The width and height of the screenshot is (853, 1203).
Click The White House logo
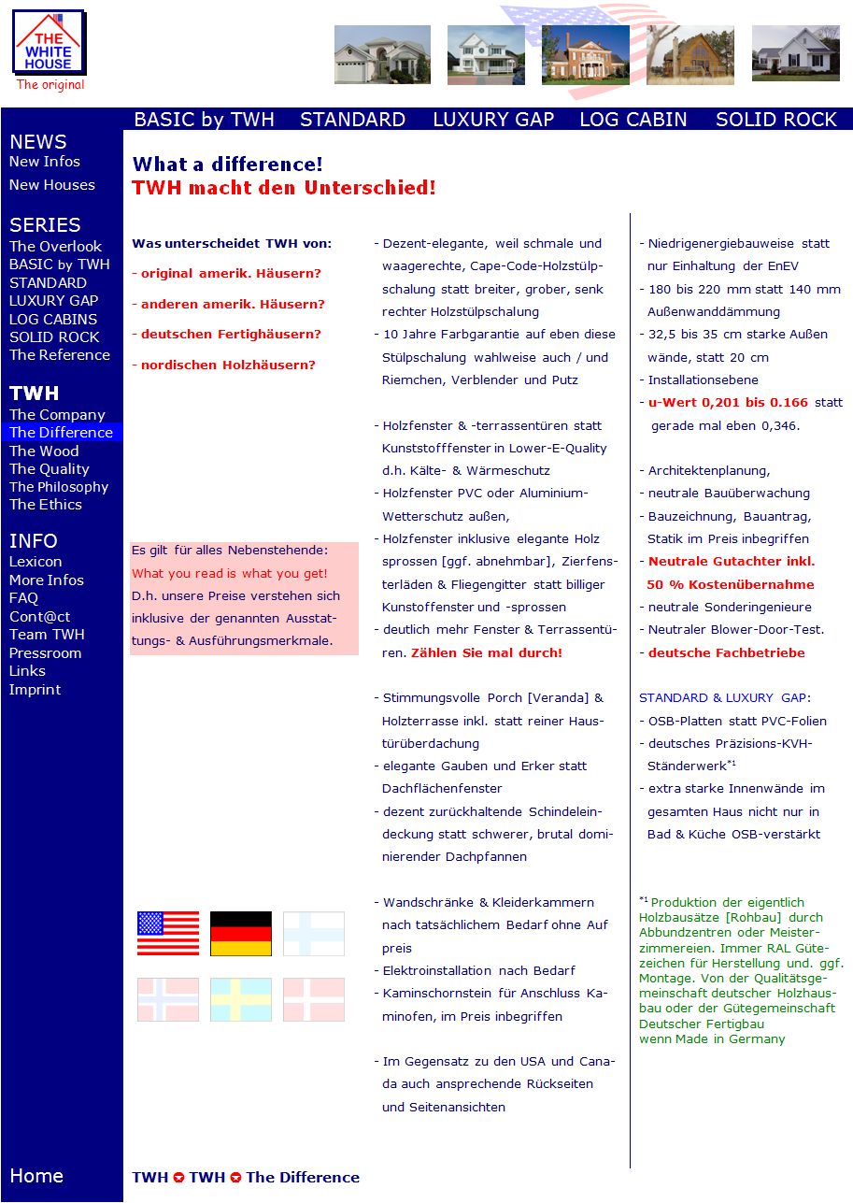coord(48,44)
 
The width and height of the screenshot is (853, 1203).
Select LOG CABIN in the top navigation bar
coord(633,120)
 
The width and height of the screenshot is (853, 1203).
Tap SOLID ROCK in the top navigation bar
coord(775,120)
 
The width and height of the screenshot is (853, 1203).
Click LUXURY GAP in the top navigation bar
coord(493,120)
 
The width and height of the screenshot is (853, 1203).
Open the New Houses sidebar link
coord(52,185)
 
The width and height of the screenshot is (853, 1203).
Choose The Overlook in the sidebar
coord(55,247)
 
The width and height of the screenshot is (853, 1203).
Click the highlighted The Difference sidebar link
coord(61,433)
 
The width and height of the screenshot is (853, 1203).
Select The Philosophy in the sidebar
coord(59,487)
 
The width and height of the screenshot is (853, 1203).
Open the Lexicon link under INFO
coord(36,562)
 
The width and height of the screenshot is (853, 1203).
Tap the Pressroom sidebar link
coord(46,653)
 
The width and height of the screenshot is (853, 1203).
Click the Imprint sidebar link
coord(35,690)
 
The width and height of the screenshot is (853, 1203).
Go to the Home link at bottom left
coord(36,1176)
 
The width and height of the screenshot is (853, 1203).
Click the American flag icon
coord(168,934)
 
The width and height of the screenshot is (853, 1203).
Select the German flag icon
coord(240,934)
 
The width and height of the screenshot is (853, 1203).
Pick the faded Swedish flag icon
coord(240,1000)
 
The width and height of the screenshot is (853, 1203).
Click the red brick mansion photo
coord(585,54)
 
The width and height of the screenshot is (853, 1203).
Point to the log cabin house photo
coord(690,55)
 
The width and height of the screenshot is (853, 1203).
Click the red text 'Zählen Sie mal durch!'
coord(487,653)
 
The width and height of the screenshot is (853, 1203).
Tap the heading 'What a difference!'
coord(228,165)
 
